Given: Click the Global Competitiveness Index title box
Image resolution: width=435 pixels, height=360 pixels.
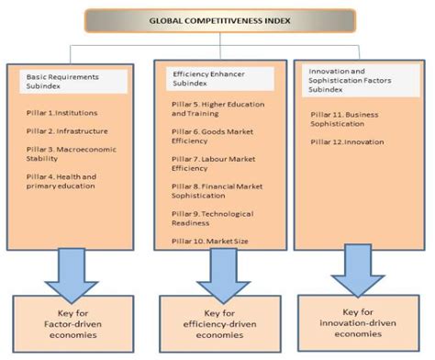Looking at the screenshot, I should point(217,19).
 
